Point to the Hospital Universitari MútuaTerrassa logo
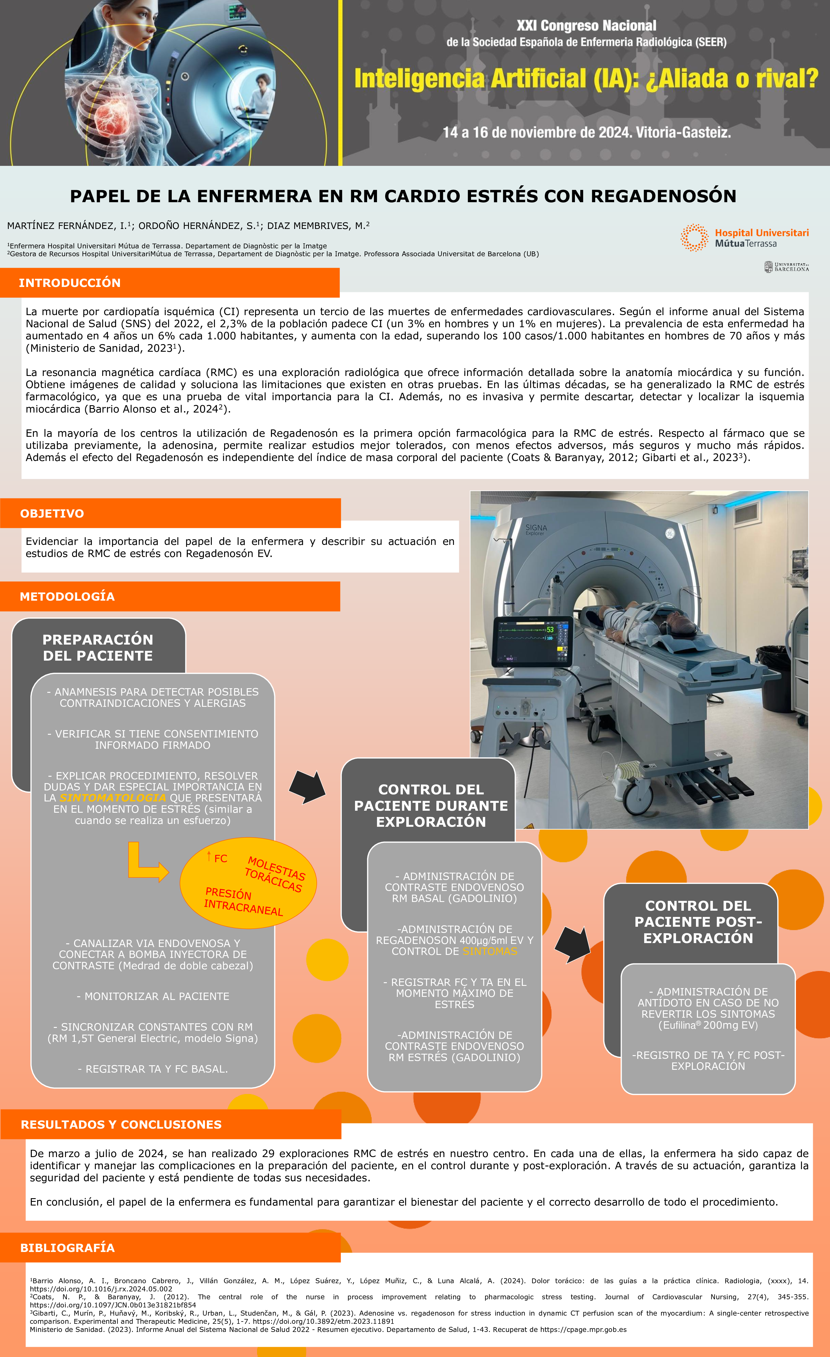[745, 238]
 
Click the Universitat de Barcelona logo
[786, 267]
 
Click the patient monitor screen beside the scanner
[532, 640]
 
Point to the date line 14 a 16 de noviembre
[586, 133]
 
